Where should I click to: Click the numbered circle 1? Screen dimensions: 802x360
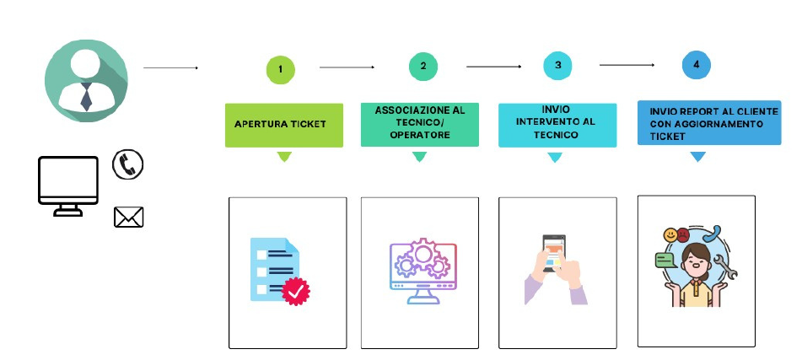coord(280,69)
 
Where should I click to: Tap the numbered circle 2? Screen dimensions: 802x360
coord(423,67)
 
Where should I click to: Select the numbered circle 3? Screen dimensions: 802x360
coord(557,66)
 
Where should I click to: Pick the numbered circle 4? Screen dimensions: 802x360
coord(696,65)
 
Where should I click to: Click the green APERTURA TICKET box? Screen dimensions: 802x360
coord(284,126)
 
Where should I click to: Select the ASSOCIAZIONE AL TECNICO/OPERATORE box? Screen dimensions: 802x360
coord(420,125)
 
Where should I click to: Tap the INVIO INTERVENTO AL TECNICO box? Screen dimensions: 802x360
coord(557,126)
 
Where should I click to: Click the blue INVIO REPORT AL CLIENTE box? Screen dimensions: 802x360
coord(709,123)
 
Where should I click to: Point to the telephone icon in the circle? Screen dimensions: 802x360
coord(128,164)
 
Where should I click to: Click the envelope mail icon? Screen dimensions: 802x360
coord(128,217)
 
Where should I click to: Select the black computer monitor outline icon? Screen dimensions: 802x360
coord(68,186)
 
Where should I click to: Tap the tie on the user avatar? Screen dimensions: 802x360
coord(86,96)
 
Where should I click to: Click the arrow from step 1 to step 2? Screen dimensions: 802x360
coord(347,67)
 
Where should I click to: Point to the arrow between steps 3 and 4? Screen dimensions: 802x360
coord(627,65)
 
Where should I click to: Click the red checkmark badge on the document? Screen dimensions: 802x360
coord(296,292)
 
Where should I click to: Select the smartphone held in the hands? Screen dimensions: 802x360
coord(554,253)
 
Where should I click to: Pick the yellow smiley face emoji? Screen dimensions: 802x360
coord(670,235)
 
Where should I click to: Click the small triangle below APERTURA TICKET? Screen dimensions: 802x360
coord(284,157)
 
